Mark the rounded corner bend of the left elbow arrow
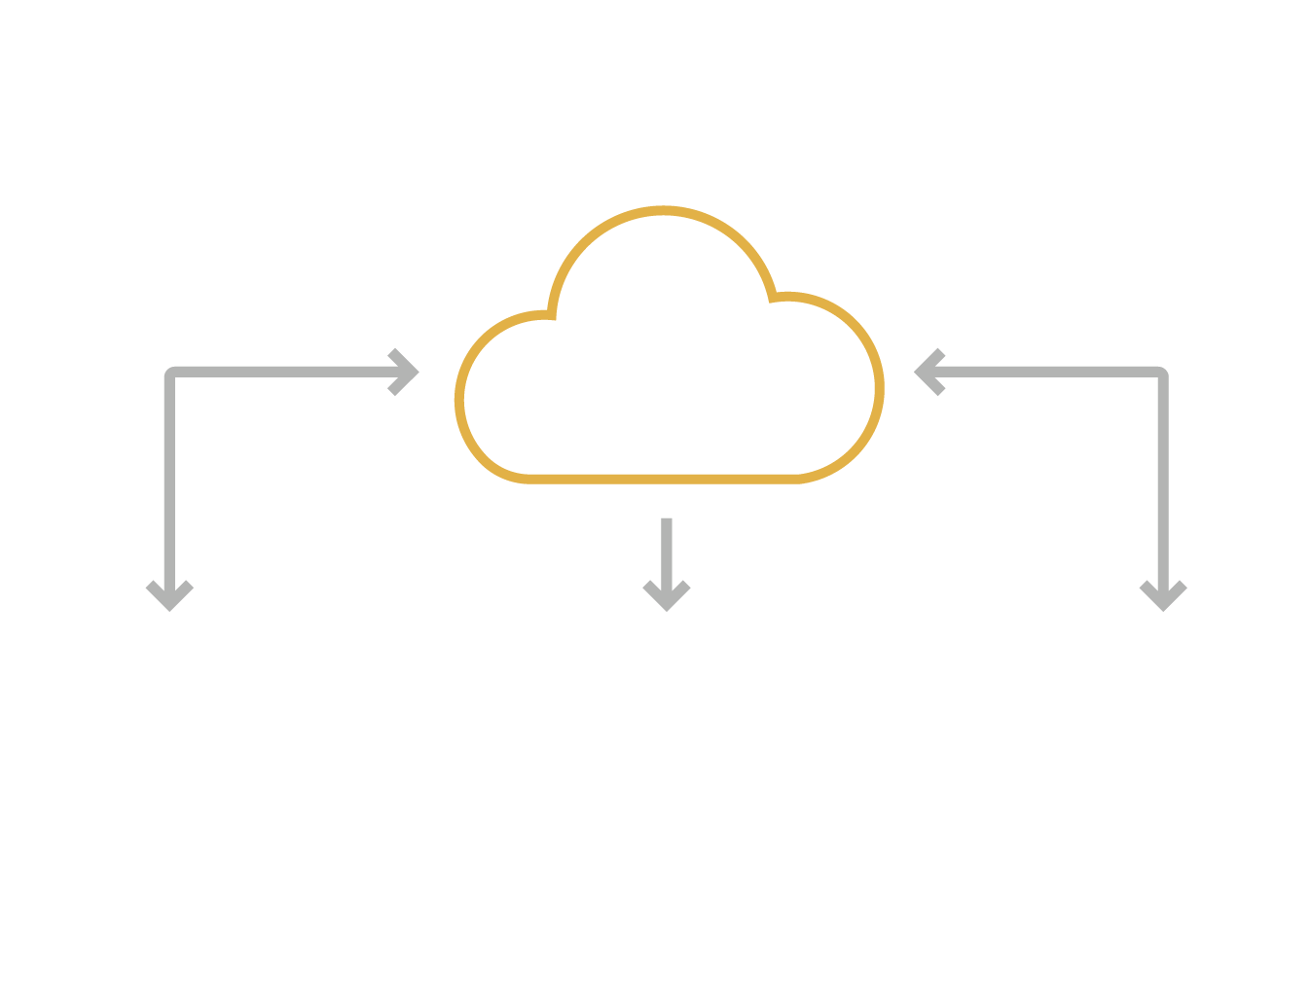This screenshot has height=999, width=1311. click(171, 373)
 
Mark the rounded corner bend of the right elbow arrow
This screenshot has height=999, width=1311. click(1161, 373)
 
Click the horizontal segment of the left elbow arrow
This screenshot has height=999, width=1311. click(282, 372)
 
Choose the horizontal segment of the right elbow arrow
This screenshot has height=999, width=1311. click(1051, 372)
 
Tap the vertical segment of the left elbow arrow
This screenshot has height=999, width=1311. click(169, 477)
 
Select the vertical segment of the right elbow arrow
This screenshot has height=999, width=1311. click(1163, 477)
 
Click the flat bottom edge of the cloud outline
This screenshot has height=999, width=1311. click(662, 479)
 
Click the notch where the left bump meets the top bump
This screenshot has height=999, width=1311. click(551, 314)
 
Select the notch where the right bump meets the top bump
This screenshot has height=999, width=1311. click(774, 297)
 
